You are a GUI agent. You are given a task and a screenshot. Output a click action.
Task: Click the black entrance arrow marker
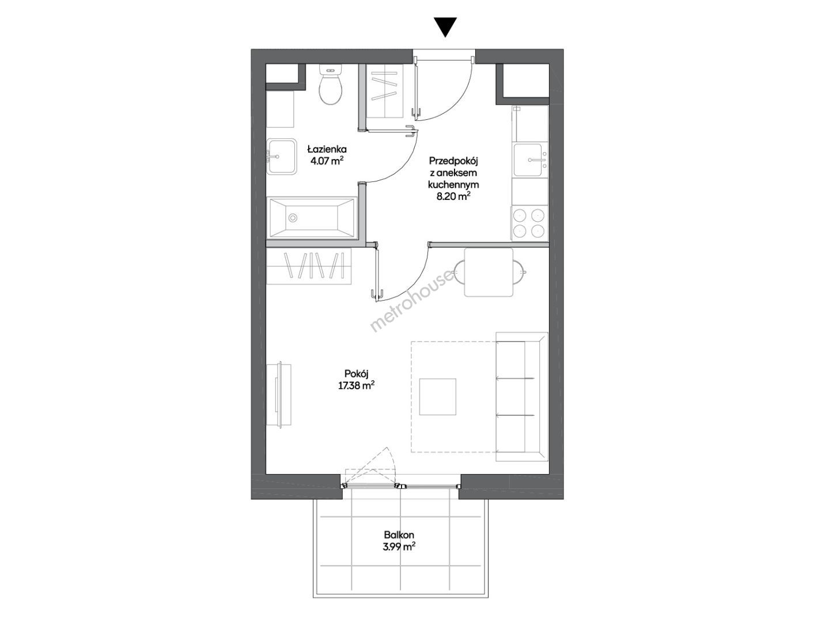click(x=446, y=27)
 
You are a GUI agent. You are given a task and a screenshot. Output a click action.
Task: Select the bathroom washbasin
click(x=281, y=157)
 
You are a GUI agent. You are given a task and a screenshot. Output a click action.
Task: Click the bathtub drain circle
click(x=293, y=218)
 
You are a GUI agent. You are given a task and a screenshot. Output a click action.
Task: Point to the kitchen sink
click(x=530, y=160)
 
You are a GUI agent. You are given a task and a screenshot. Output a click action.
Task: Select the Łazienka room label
click(x=326, y=149)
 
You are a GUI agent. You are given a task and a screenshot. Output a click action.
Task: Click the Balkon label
click(x=399, y=535)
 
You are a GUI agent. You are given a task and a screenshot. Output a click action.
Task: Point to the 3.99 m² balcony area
click(x=399, y=547)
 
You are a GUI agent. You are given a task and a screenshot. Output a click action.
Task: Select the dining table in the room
click(x=489, y=272)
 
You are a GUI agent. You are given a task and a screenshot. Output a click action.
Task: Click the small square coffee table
click(x=438, y=397)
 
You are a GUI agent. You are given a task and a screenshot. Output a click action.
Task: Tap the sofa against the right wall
click(x=521, y=396)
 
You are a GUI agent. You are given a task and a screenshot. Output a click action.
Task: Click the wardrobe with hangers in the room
click(x=309, y=266)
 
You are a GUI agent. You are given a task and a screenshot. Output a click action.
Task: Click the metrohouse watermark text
click(x=412, y=301)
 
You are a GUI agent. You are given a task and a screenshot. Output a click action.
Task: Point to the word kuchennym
click(x=453, y=184)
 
